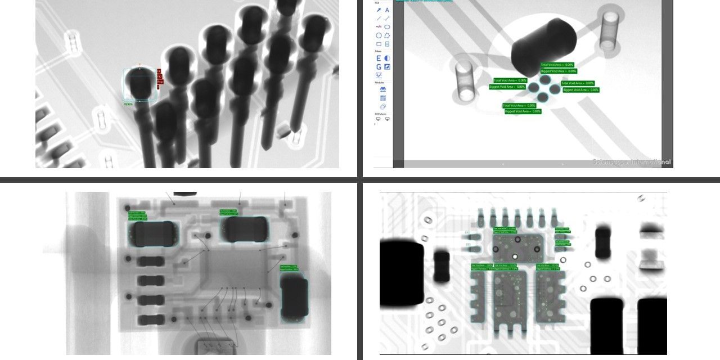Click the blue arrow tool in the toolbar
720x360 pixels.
(x=379, y=10)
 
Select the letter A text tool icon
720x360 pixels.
(x=388, y=10)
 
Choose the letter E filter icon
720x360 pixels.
(x=379, y=58)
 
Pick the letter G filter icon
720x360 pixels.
(x=379, y=67)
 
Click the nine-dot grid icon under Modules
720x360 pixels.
(x=382, y=98)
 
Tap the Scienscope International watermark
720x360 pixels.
(x=632, y=162)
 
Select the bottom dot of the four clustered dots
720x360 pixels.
(x=542, y=97)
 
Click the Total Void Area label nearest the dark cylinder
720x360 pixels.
(x=557, y=65)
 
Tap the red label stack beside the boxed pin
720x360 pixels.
(x=160, y=79)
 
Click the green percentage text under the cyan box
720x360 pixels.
(x=128, y=103)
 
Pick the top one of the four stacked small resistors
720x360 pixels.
(x=151, y=261)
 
